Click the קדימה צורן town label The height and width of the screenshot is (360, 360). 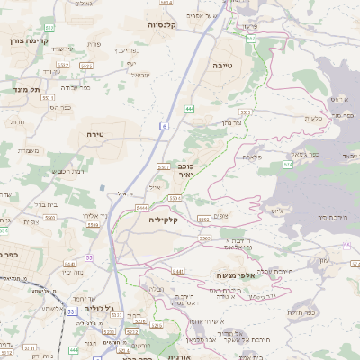pyautogui.click(x=26, y=41)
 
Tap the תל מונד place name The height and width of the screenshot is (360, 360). pyautogui.click(x=27, y=91)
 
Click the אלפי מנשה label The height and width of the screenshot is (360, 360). pyautogui.click(x=237, y=275)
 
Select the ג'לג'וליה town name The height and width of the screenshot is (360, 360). pyautogui.click(x=99, y=308)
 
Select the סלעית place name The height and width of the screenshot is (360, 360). pyautogui.click(x=312, y=118)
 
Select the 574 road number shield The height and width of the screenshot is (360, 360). pyautogui.click(x=287, y=165)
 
